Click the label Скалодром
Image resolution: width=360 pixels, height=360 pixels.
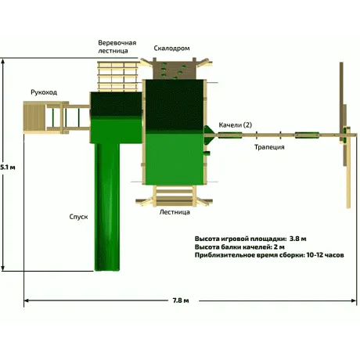coord(171,49)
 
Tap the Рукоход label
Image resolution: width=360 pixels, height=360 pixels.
coord(44,92)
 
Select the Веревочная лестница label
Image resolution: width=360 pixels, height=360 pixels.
coord(117,47)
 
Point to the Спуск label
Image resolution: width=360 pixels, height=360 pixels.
coord(78,217)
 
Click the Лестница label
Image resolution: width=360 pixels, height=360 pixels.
coord(175,212)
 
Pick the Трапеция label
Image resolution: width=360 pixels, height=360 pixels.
coord(269,147)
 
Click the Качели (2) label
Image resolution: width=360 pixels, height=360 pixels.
coord(235,125)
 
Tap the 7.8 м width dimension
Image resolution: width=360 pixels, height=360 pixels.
coord(181,301)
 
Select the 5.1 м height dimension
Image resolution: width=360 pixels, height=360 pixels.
coord(8,167)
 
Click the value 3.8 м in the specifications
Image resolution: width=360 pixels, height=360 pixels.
coord(297,239)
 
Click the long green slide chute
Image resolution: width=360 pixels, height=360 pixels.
coord(107,207)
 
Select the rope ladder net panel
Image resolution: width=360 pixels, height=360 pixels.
coord(117,77)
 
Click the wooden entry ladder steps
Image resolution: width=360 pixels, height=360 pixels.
coord(175,196)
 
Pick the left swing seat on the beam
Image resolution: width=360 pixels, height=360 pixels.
coord(230,135)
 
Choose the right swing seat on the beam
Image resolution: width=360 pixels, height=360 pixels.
coord(307,135)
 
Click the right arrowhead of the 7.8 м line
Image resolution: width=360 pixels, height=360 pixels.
coord(355,301)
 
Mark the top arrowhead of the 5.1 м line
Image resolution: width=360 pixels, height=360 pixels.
coord(3,61)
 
